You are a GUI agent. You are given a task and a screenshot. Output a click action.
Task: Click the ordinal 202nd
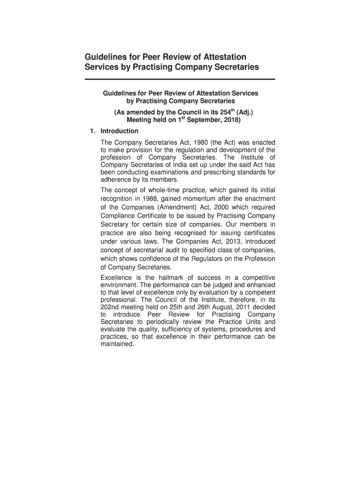click(110, 307)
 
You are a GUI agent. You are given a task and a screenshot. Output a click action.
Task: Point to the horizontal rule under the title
click(180, 80)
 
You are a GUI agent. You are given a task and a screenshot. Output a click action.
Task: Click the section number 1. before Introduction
click(93, 131)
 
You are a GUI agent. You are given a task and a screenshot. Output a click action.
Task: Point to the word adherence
click(115, 180)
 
